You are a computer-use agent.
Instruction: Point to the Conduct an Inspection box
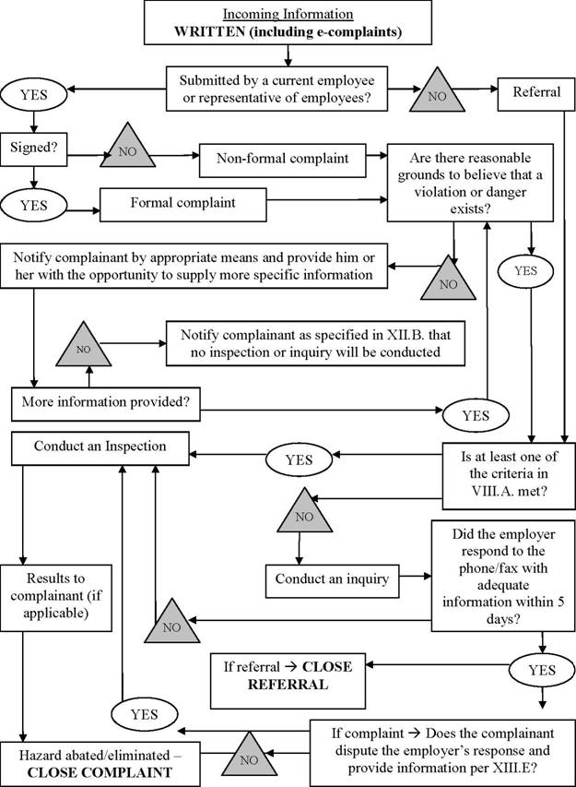(100, 447)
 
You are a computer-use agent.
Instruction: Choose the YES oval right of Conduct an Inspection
(299, 459)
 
